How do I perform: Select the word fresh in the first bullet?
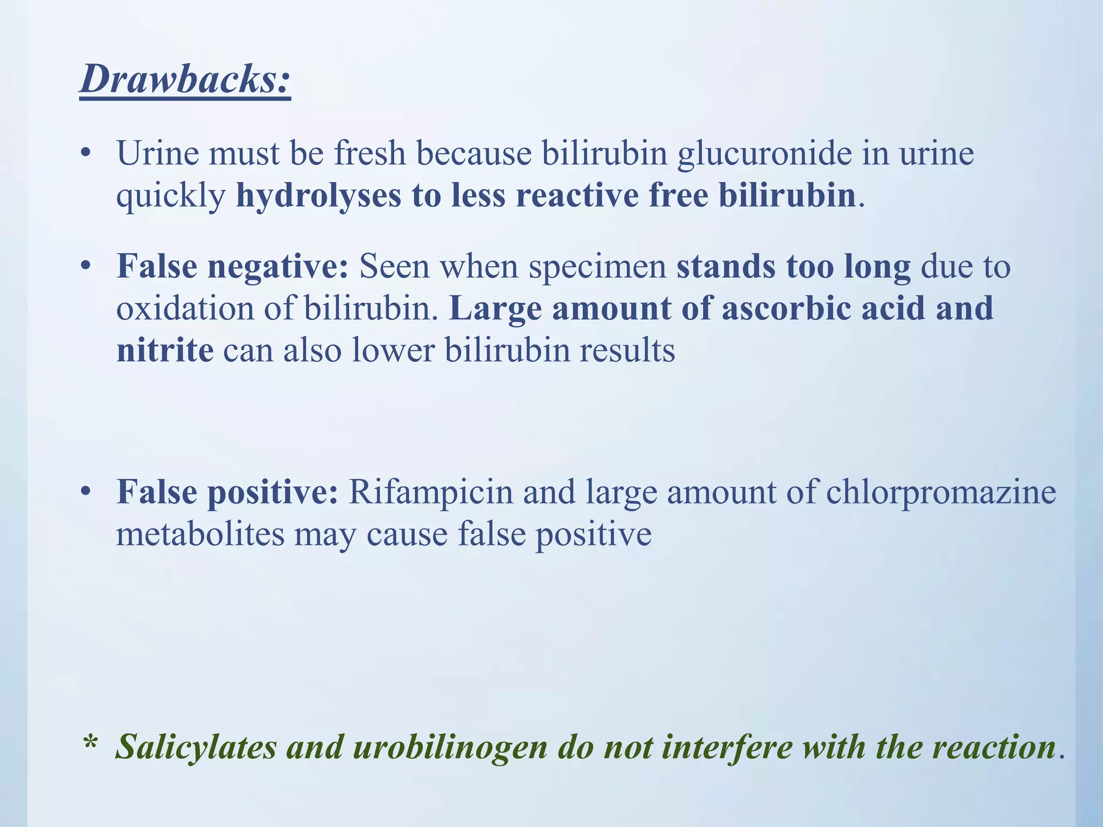click(x=369, y=153)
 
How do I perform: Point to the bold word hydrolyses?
click(x=319, y=195)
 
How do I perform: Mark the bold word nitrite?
click(x=165, y=350)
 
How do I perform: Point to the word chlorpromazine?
click(x=941, y=492)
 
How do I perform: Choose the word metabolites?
click(x=200, y=534)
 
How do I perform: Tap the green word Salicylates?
click(x=197, y=747)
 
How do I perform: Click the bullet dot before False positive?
click(x=85, y=492)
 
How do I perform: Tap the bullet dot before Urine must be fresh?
click(x=85, y=153)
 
